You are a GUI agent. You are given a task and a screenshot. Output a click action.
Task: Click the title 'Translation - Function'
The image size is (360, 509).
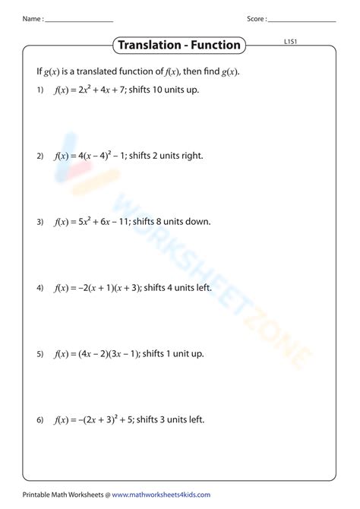point(179,45)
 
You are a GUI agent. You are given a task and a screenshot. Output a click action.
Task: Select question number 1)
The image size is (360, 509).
point(40,90)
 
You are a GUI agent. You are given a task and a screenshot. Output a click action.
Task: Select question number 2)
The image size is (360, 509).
point(40,156)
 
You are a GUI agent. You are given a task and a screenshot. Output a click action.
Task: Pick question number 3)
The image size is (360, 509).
point(40,222)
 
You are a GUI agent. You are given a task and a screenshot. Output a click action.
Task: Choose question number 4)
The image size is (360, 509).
point(40,288)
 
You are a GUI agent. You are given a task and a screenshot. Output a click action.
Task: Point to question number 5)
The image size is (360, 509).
point(40,353)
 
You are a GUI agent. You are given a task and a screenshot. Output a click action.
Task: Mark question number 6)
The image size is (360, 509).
point(40,419)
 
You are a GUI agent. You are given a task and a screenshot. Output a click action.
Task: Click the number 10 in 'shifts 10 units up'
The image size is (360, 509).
point(159,90)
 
